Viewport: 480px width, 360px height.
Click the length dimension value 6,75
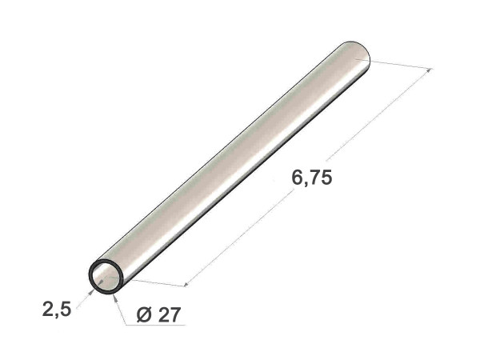pyautogui.click(x=312, y=178)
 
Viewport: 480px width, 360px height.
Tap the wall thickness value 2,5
pyautogui.click(x=57, y=309)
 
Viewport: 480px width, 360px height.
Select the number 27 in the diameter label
pyautogui.click(x=170, y=314)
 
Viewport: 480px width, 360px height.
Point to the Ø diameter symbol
pyautogui.click(x=144, y=314)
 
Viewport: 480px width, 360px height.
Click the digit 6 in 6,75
pyautogui.click(x=297, y=178)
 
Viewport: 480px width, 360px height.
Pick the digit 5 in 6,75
pyautogui.click(x=326, y=178)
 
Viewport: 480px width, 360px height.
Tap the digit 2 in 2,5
pyautogui.click(x=48, y=309)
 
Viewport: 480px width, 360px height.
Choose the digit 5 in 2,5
pyautogui.click(x=66, y=309)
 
